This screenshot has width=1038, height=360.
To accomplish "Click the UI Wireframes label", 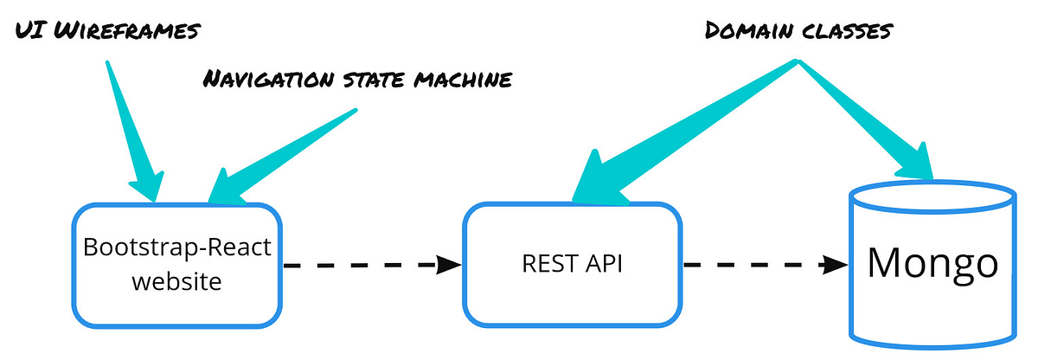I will tap(107, 30).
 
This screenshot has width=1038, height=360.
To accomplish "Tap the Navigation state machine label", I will tap(357, 80).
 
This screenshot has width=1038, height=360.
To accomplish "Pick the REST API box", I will tap(570, 264).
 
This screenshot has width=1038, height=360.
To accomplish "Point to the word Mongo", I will tap(932, 262).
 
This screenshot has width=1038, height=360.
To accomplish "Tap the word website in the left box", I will tap(177, 281).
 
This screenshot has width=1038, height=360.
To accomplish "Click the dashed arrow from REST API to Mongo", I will tap(761, 265).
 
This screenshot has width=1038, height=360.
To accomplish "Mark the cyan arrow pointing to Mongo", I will tap(874, 121).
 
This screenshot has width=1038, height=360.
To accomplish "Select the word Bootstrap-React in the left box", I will tap(177, 247).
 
